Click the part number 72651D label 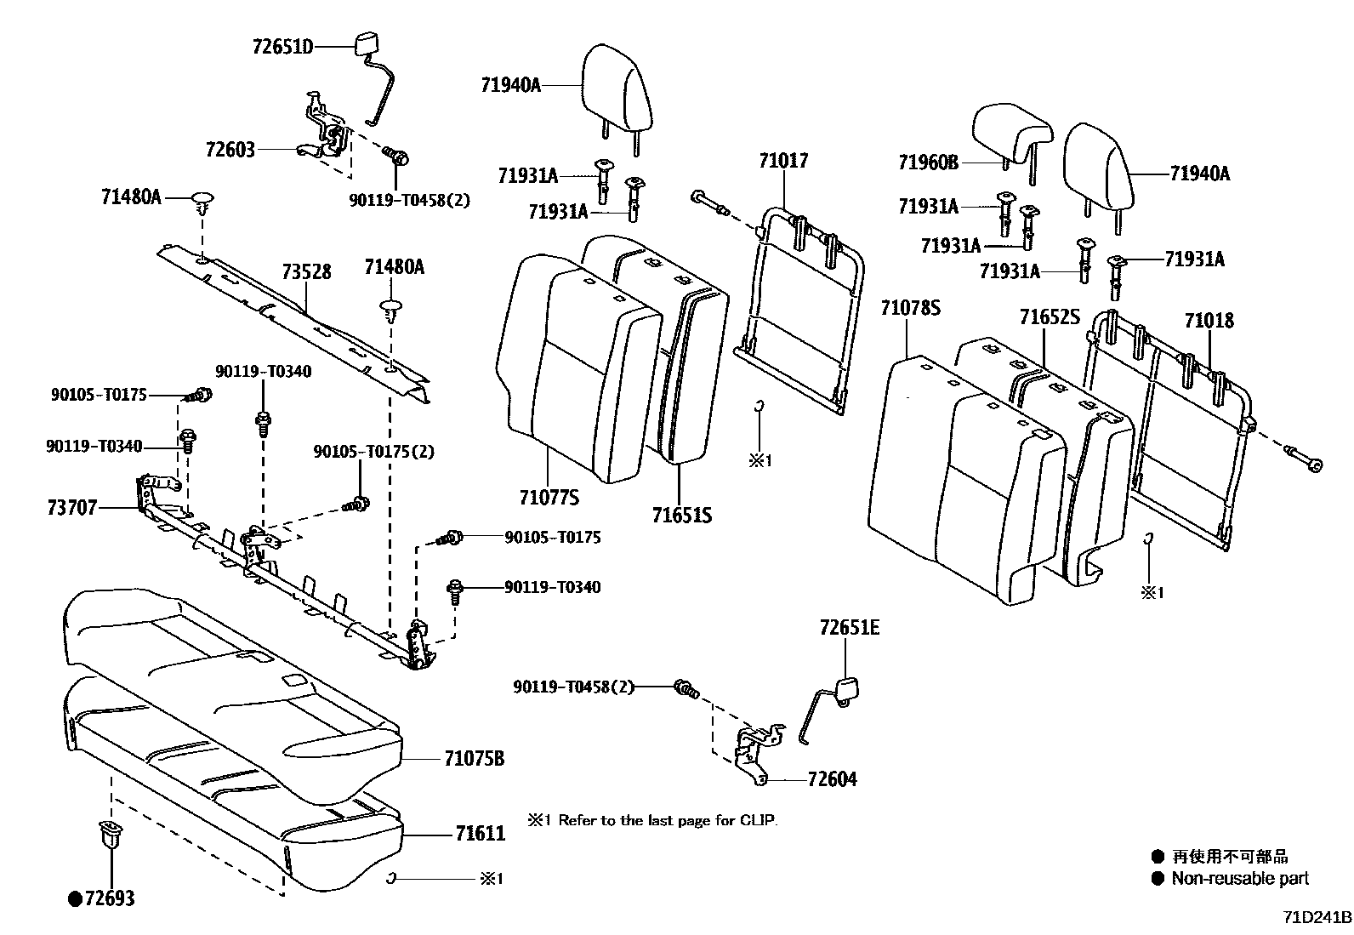(282, 47)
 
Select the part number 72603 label (230, 151)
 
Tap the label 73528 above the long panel (306, 272)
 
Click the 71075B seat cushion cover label (474, 758)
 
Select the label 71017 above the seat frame (783, 161)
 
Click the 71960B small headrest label (928, 161)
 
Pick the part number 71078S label (910, 308)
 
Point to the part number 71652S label (1050, 318)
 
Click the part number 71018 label (1209, 321)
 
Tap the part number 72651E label (849, 628)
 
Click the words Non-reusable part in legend (1240, 879)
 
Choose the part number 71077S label (549, 497)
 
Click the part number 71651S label (681, 516)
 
